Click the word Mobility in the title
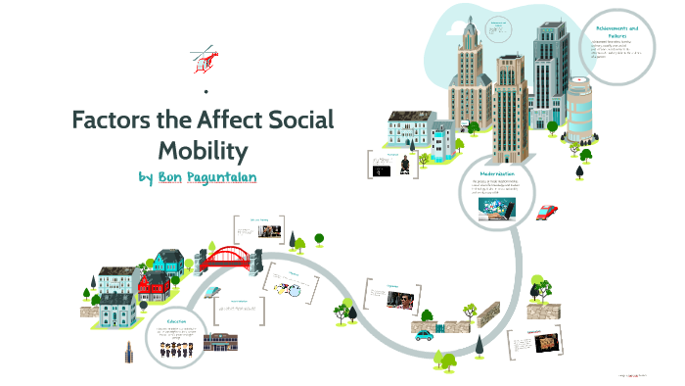tap(203, 151)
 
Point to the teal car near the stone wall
tap(424, 334)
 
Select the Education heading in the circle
tap(176, 320)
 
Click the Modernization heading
tap(497, 172)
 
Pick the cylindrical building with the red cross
tap(578, 107)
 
